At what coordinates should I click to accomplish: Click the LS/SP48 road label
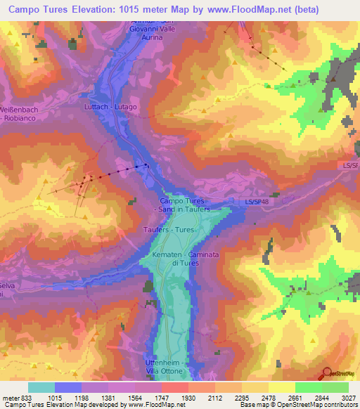click(x=257, y=202)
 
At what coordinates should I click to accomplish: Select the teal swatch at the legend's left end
click(x=41, y=387)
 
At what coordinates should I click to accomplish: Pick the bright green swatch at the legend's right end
click(x=335, y=387)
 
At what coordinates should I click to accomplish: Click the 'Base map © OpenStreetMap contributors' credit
click(x=297, y=405)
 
